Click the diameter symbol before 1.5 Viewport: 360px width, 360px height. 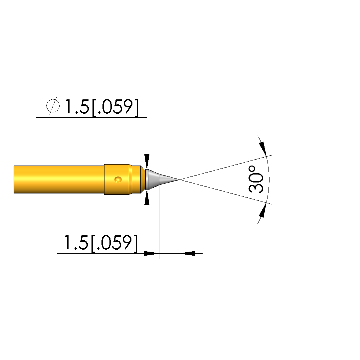pos(53,106)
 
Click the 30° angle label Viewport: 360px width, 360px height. pos(256,179)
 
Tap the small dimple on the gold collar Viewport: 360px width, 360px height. pos(118,179)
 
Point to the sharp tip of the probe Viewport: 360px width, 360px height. pos(180,179)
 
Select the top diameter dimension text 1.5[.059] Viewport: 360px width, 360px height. pos(92,107)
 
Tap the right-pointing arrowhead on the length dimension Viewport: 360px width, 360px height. pos(151,253)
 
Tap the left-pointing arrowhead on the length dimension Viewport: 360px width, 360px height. pos(187,253)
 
